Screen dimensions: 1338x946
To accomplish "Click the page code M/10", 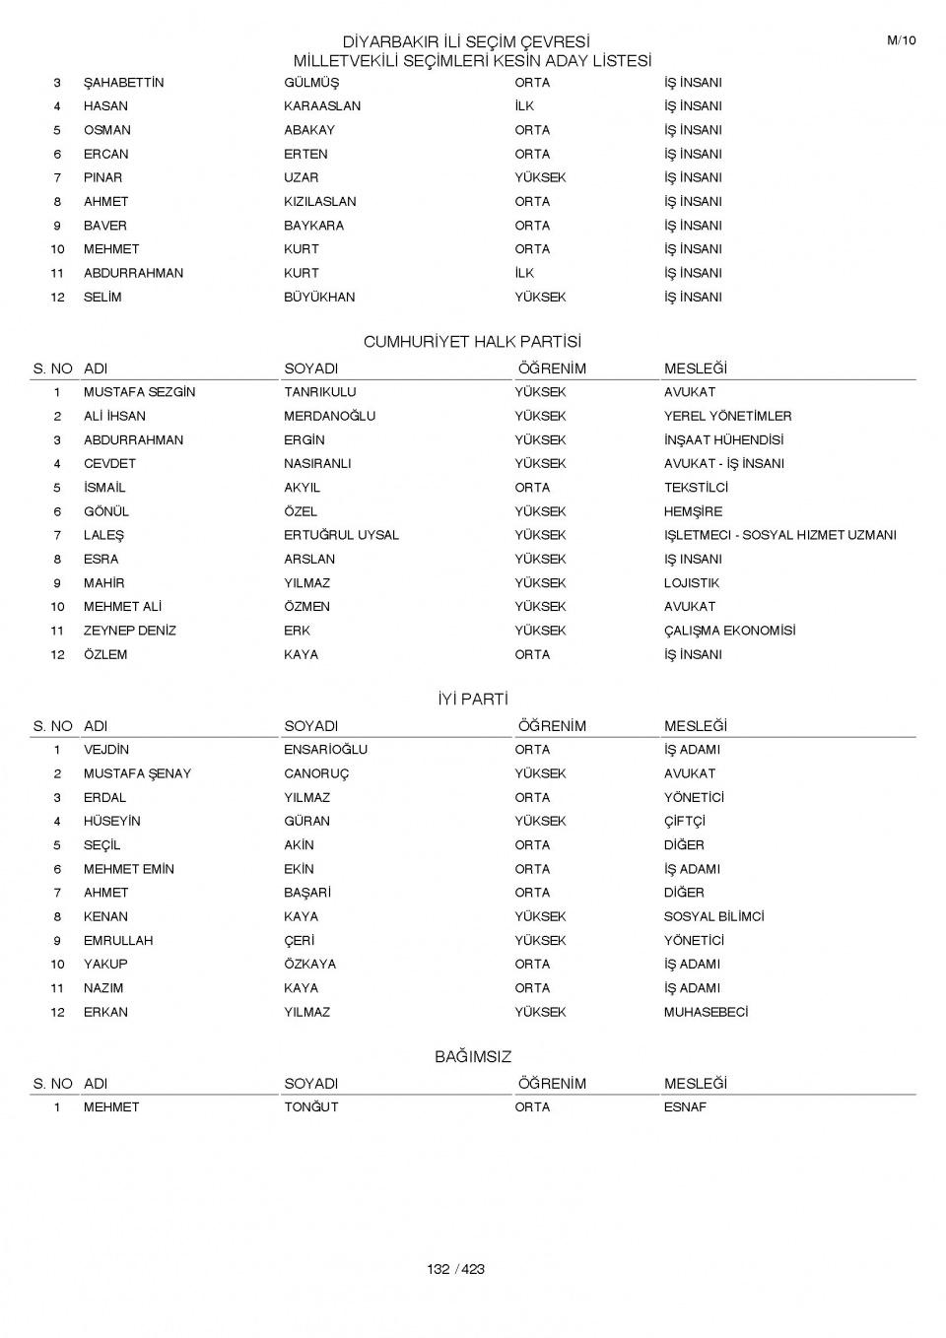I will (902, 40).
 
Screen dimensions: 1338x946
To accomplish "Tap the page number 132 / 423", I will (456, 1269).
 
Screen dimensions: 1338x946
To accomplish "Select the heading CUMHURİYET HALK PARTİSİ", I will (472, 342).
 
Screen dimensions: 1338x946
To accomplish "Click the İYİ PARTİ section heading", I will (472, 700).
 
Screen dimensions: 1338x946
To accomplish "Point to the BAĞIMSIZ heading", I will (473, 1057).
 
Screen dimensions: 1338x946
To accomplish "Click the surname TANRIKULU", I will (320, 392).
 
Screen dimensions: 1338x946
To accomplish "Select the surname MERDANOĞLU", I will (329, 416).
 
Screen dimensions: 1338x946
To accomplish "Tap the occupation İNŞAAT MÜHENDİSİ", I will (723, 440).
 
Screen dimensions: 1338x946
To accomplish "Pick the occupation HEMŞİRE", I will (693, 511).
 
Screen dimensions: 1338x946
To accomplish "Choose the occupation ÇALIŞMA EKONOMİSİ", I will (729, 631).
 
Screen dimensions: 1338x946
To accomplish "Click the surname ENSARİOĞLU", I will (325, 750).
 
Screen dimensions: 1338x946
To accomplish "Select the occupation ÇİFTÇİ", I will (684, 821).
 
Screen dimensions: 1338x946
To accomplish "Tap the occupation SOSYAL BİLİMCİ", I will (713, 916).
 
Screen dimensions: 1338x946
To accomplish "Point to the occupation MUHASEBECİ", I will (706, 1012).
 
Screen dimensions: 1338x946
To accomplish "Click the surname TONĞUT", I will (310, 1107).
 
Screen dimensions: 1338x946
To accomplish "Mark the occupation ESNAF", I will (685, 1107).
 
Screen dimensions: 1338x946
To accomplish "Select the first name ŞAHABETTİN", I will (123, 83).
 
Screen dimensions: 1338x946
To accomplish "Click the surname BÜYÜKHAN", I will (319, 297).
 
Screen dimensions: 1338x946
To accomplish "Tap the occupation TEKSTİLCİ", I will (696, 488).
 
